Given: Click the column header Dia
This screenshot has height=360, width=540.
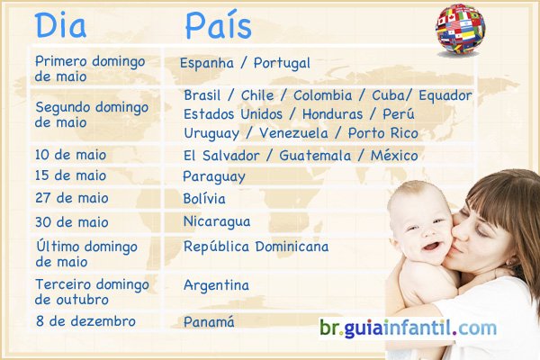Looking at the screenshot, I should tap(60, 26).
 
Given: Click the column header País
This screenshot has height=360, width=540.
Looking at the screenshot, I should tap(219, 26).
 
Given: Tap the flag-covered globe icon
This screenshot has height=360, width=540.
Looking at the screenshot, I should tap(460, 29).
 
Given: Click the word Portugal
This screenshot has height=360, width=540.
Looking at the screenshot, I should tap(282, 64).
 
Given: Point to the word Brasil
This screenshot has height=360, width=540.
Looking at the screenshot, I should tap(204, 95).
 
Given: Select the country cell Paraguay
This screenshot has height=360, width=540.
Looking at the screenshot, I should tap(214, 176).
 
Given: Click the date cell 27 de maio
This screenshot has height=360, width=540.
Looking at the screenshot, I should tap(71, 198).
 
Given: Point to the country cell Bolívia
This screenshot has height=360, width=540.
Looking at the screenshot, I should tap(203, 199).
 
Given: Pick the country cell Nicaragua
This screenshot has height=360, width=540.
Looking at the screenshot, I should tap(216, 221).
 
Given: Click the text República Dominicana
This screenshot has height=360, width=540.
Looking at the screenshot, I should tap(256, 247).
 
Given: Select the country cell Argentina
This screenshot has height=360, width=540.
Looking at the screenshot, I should tap(216, 285).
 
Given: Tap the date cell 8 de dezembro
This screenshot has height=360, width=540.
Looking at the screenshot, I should tap(85, 321).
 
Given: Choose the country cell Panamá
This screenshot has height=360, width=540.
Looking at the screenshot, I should tap(209, 321).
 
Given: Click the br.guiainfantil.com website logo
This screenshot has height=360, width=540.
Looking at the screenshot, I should tap(408, 328).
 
